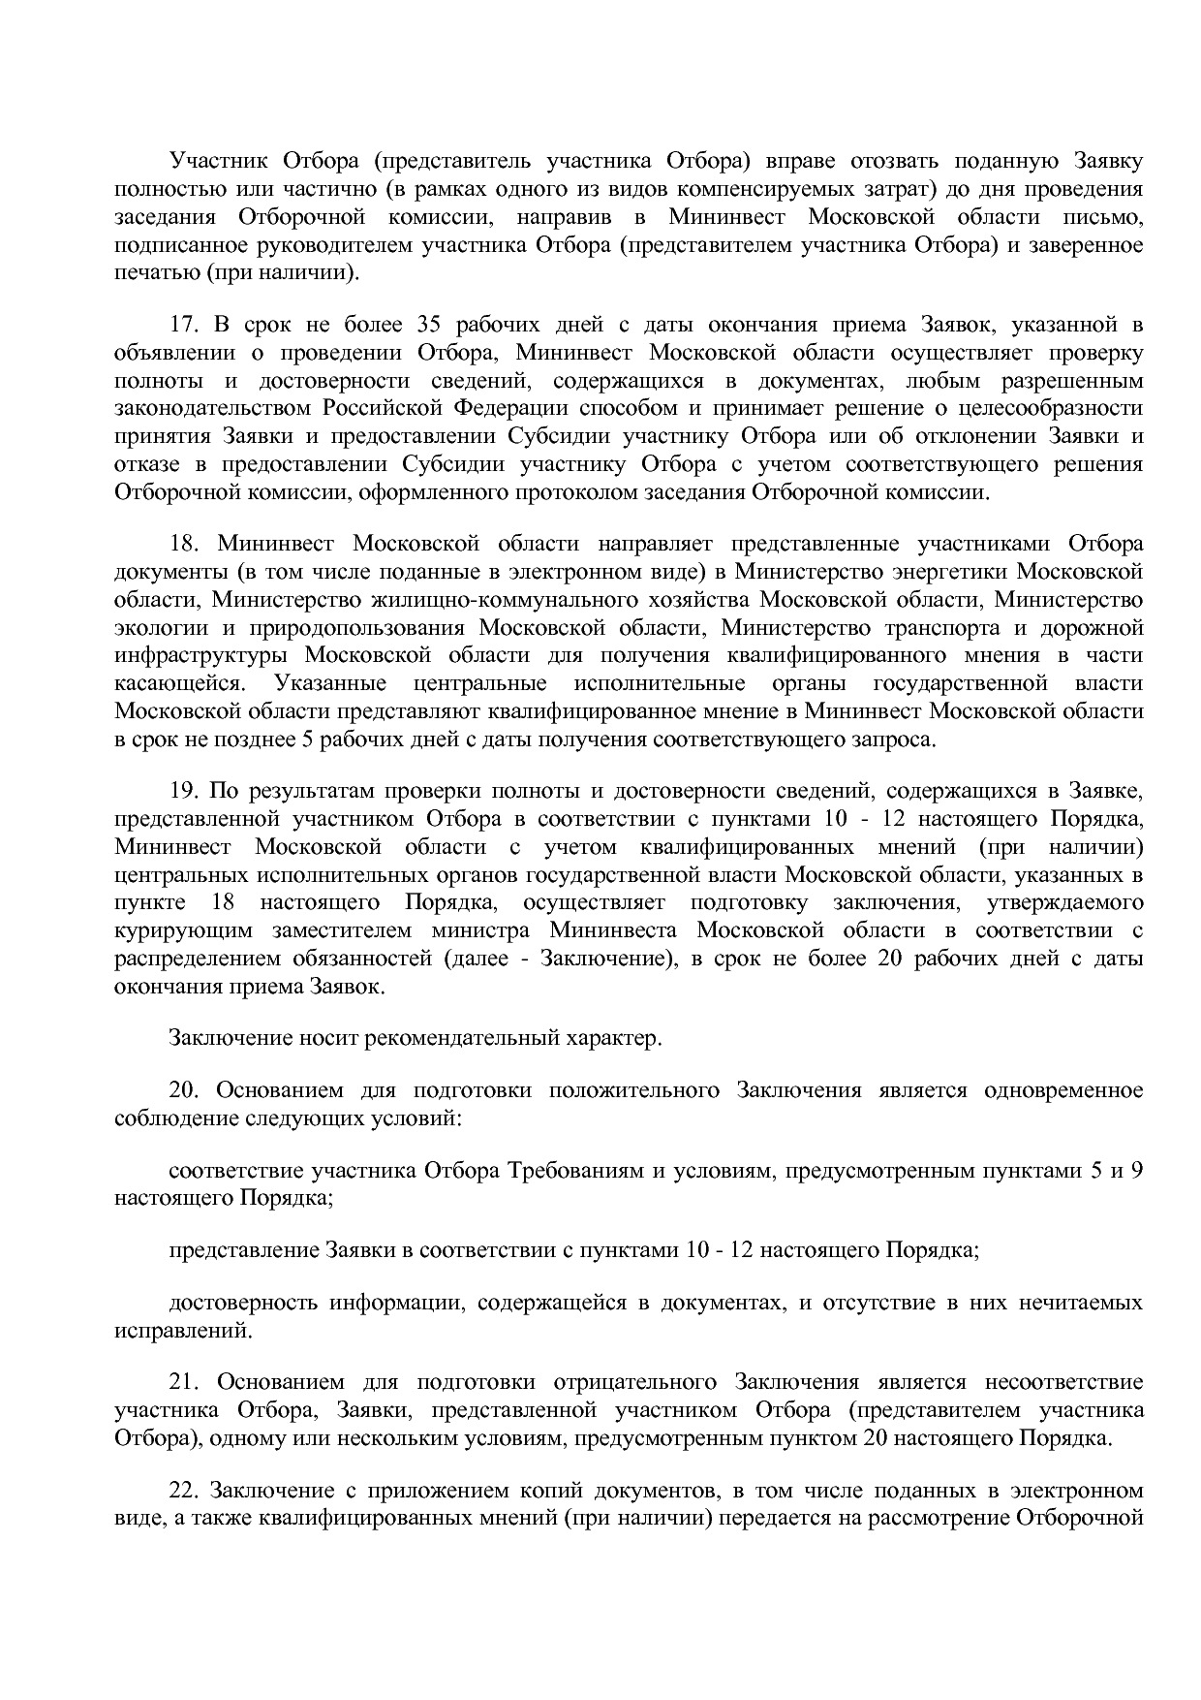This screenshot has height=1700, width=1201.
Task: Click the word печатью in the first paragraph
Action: pyautogui.click(x=156, y=272)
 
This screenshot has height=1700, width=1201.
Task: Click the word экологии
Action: pyautogui.click(x=155, y=628)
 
